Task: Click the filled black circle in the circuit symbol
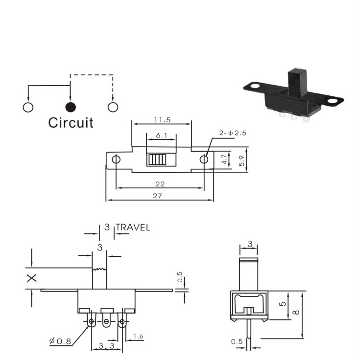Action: pos(71,107)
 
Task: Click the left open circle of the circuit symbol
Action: pos(28,107)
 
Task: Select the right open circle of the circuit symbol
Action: pos(113,107)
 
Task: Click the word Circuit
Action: pos(71,123)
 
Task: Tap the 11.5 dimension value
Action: pos(162,120)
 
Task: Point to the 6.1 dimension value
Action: pos(162,136)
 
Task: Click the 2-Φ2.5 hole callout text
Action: pos(233,133)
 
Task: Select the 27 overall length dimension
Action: pos(157,196)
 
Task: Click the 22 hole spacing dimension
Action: pos(160,184)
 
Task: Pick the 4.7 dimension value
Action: pos(224,159)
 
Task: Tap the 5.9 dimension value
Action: pos(241,160)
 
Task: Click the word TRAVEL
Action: pos(133,227)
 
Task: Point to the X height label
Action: pos(32,278)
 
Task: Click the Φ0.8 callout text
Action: pos(60,341)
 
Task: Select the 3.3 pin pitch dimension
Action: pos(107,346)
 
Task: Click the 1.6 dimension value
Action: pos(138,337)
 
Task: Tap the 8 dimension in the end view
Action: pos(296,313)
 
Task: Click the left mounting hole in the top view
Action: pos(116,159)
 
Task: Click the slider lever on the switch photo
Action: pos(297,82)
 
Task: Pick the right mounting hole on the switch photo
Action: pos(334,101)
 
